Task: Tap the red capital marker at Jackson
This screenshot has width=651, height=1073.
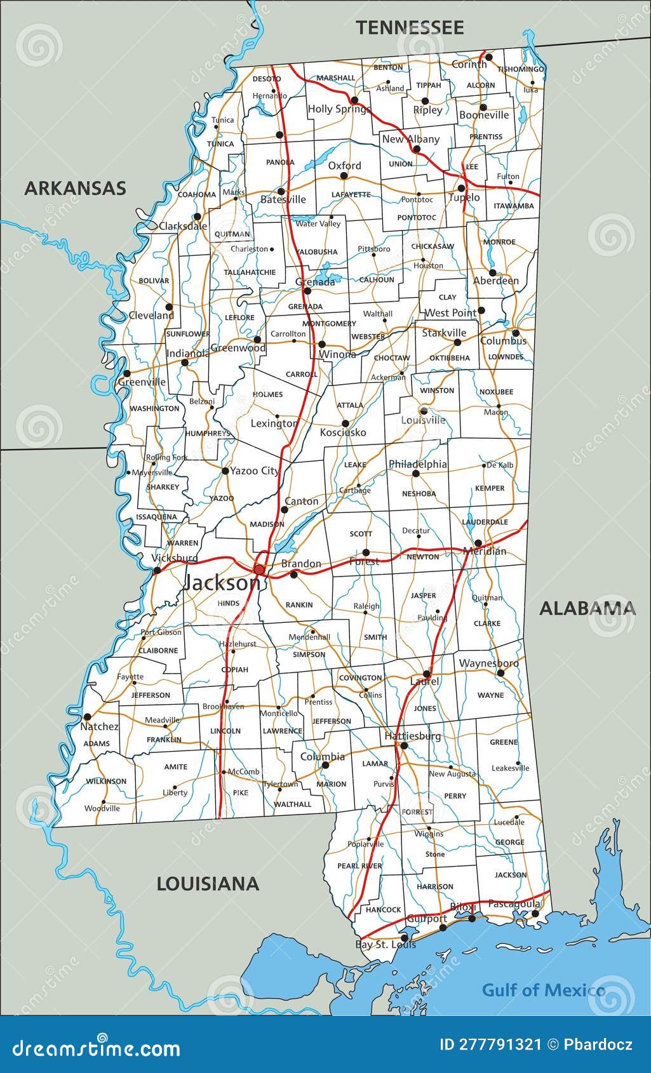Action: click(259, 569)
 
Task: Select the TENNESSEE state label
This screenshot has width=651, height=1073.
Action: click(410, 27)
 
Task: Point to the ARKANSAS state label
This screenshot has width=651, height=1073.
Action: click(75, 188)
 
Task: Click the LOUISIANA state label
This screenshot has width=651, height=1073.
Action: click(208, 884)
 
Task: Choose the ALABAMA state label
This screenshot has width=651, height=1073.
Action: click(587, 608)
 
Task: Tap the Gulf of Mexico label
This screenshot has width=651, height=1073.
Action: click(543, 990)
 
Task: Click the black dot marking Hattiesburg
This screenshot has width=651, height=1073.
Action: click(404, 745)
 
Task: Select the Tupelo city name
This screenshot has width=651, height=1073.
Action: click(464, 197)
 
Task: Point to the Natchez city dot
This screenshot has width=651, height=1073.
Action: click(87, 717)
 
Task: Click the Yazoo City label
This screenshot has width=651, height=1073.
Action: click(254, 470)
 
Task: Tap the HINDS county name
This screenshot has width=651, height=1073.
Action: click(228, 603)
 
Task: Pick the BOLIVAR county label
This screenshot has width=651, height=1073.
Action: click(154, 281)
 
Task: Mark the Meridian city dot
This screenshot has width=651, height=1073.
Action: click(478, 543)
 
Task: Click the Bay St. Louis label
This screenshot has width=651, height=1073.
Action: click(386, 945)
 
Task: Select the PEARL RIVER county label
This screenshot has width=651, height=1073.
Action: click(359, 866)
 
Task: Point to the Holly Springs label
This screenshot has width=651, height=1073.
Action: click(338, 109)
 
